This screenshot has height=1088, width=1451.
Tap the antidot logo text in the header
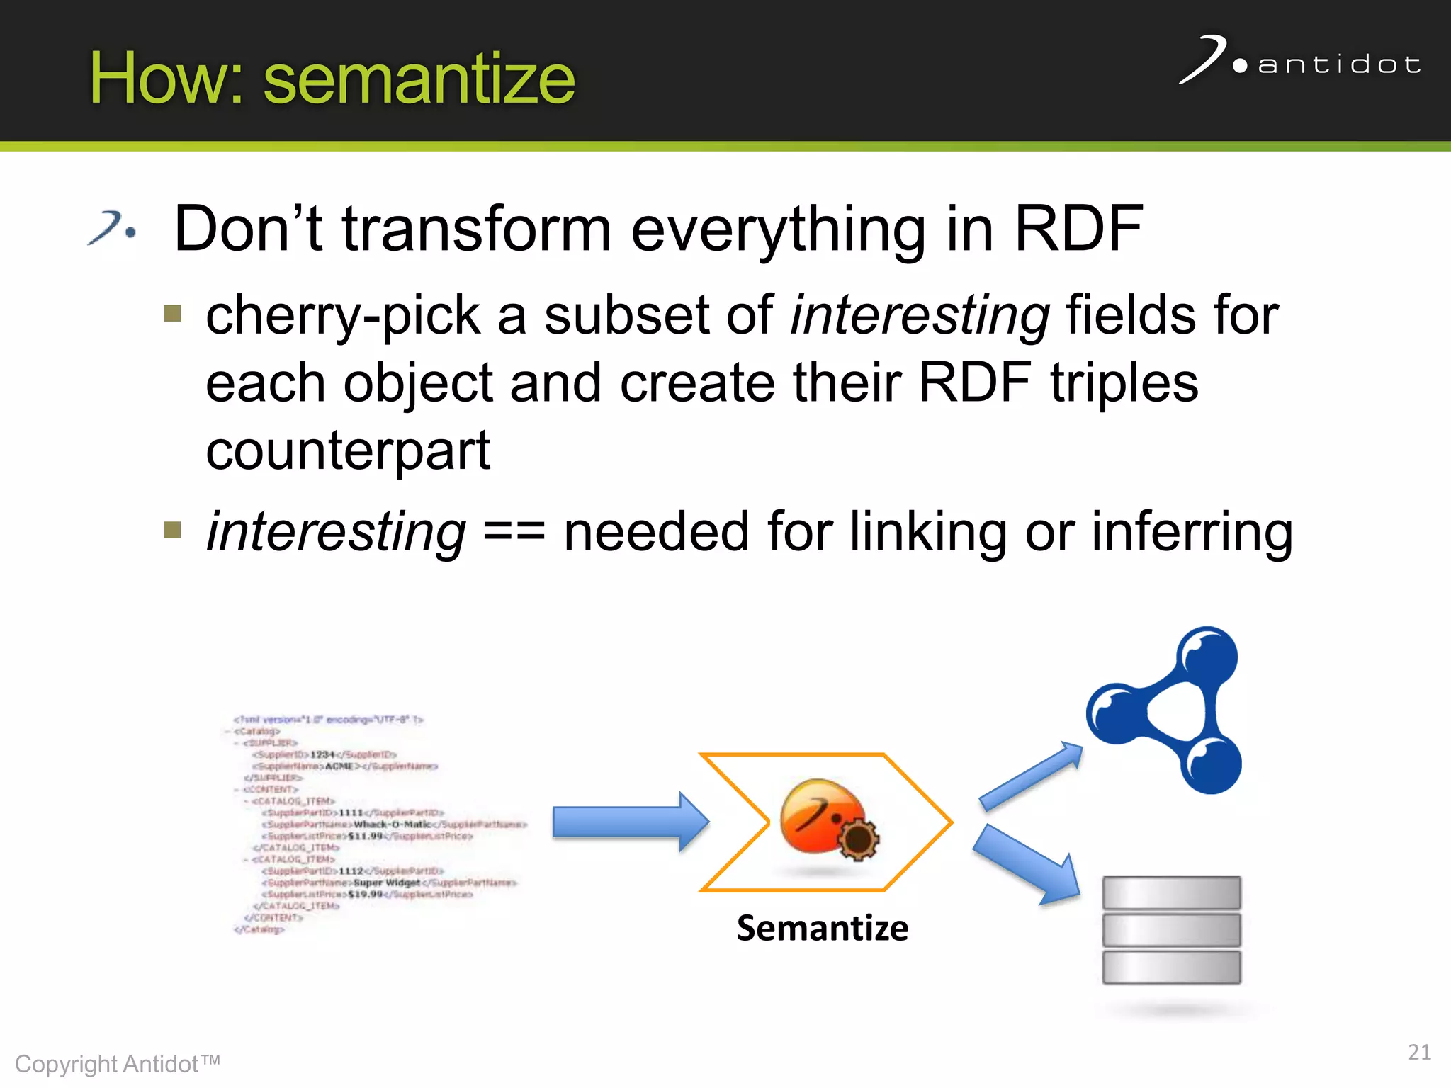[1338, 64]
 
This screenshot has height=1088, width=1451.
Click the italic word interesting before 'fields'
[920, 316]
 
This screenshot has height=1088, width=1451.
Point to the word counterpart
[347, 450]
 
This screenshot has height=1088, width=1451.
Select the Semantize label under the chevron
[822, 928]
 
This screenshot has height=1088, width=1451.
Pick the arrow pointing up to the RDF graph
[1032, 776]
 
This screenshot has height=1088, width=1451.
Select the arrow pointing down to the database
[1027, 866]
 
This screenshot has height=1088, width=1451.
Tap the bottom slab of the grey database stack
[1171, 968]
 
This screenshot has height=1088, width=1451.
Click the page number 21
[1418, 1052]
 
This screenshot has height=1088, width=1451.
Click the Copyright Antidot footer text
[118, 1064]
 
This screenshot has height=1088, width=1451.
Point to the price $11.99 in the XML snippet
[365, 836]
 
